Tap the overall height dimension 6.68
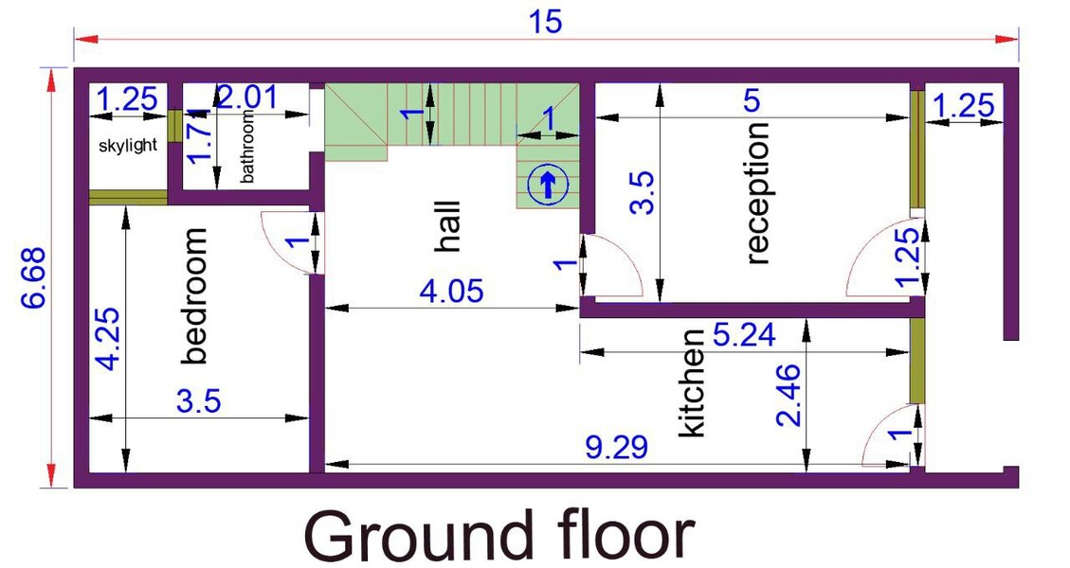[33, 277]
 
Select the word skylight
[128, 145]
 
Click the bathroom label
[247, 146]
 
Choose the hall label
[447, 226]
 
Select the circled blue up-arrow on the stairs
[547, 183]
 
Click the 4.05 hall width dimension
[452, 292]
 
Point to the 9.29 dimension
[617, 448]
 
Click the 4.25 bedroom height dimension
[109, 339]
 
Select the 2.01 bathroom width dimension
[247, 97]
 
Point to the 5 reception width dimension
[751, 100]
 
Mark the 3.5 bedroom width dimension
[199, 401]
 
